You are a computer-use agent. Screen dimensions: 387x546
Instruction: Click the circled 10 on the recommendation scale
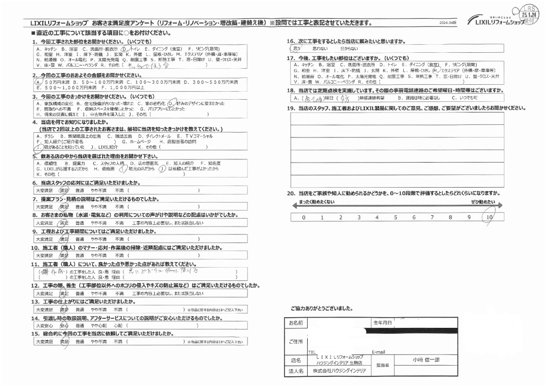point(488,217)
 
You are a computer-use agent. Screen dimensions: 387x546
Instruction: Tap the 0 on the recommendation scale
point(303,217)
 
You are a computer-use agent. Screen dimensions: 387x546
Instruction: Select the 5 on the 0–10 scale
point(395,217)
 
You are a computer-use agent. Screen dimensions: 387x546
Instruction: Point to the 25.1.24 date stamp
point(529,17)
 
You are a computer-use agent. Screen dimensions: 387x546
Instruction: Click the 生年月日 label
point(383,322)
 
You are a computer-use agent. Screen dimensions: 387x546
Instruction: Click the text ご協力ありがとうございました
point(322,309)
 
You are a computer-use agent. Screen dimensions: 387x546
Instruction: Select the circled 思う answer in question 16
point(298,48)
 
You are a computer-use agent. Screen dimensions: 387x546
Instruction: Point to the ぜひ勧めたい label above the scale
point(482,203)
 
